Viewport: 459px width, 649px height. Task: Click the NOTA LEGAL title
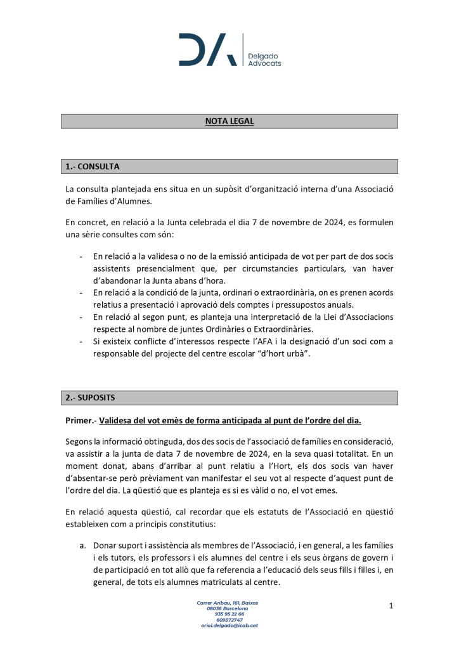tap(229, 121)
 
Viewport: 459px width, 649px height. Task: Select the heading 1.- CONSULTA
tap(93, 166)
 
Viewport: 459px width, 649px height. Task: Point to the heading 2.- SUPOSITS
tap(91, 398)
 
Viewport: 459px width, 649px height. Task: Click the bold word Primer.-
tap(81, 421)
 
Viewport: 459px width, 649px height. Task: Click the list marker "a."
tap(82, 545)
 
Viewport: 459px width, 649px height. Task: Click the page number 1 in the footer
tap(391, 606)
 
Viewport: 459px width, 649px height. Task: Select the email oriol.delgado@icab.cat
tap(229, 625)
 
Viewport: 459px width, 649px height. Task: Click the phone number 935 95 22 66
tap(229, 613)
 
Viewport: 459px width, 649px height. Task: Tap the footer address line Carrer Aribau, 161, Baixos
tap(227, 602)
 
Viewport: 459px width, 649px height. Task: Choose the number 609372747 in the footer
tap(229, 619)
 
